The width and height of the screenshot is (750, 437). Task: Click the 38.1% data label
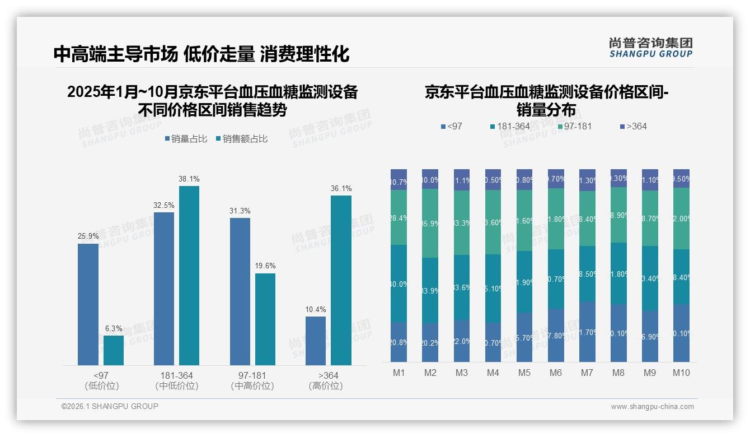(189, 179)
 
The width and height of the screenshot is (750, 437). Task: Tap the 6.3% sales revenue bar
(114, 350)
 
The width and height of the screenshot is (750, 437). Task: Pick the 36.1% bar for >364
(341, 280)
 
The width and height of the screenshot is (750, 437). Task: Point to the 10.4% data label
(316, 310)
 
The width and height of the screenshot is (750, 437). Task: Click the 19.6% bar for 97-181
(265, 319)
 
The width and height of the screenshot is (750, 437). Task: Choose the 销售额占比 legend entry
(241, 139)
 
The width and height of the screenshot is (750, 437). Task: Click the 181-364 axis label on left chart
(177, 375)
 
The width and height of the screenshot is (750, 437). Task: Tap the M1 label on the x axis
(399, 373)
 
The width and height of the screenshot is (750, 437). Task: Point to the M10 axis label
(681, 373)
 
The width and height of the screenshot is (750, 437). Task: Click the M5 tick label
(524, 373)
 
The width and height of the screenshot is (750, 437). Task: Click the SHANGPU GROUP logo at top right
(650, 48)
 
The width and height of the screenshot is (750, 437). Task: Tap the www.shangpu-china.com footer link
(652, 407)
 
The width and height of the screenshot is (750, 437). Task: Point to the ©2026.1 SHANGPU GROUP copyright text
(110, 406)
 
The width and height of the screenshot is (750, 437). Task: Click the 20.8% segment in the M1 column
(399, 342)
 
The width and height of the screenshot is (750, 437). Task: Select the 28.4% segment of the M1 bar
(399, 217)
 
